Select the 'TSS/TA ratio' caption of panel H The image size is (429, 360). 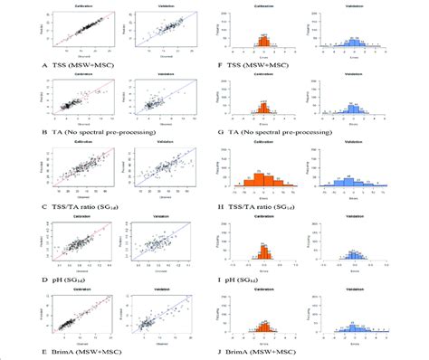pos(268,208)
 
